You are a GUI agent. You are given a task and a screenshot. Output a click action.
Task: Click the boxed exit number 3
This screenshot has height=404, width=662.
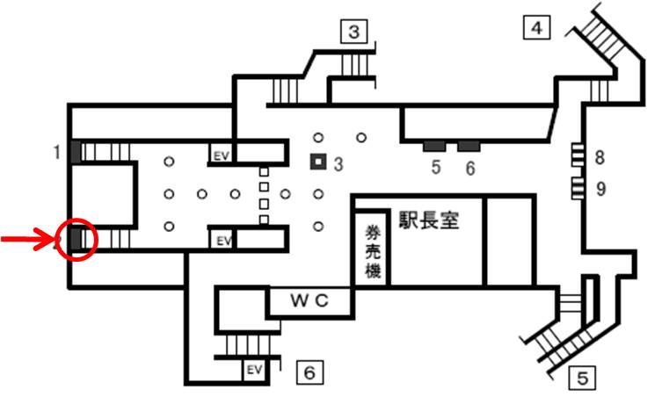[x=353, y=33]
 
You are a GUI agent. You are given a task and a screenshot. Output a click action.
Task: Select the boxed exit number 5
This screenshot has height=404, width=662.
[x=582, y=379]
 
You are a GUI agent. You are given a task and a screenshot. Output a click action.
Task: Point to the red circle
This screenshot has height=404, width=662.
[x=76, y=237]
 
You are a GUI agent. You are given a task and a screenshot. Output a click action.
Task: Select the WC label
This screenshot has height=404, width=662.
[x=309, y=300]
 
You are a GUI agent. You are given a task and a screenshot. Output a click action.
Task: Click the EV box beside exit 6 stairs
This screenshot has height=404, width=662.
[x=254, y=368]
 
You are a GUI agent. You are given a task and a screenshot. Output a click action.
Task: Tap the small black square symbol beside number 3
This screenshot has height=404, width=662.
[x=316, y=162]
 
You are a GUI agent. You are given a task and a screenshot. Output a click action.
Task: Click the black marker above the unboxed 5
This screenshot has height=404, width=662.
[x=435, y=144]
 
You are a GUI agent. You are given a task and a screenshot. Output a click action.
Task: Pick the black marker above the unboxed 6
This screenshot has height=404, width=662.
[x=469, y=144]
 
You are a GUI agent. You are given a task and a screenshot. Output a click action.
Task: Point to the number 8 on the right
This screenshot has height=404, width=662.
[x=600, y=158]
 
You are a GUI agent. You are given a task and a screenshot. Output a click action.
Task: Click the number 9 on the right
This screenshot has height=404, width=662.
[x=600, y=187]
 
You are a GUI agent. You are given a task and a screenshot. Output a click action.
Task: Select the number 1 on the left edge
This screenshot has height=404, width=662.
[x=57, y=153]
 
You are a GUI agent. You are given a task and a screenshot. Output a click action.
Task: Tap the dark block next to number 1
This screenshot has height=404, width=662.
[x=76, y=152]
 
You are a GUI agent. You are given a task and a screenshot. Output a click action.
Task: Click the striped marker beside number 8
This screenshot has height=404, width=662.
[x=578, y=155]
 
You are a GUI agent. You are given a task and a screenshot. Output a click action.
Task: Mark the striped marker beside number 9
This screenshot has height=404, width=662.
[x=578, y=185]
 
